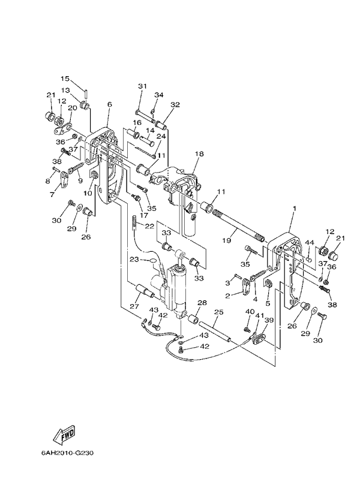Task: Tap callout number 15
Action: pyautogui.click(x=65, y=79)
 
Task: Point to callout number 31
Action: pyautogui.click(x=142, y=86)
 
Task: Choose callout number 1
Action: pyautogui.click(x=294, y=208)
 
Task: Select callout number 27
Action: pyautogui.click(x=133, y=306)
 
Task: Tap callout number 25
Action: pyautogui.click(x=218, y=312)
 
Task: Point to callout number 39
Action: pyautogui.click(x=269, y=321)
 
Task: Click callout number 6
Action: pyautogui.click(x=110, y=104)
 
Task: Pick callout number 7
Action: pyautogui.click(x=52, y=194)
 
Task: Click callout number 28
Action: pyautogui.click(x=202, y=303)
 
